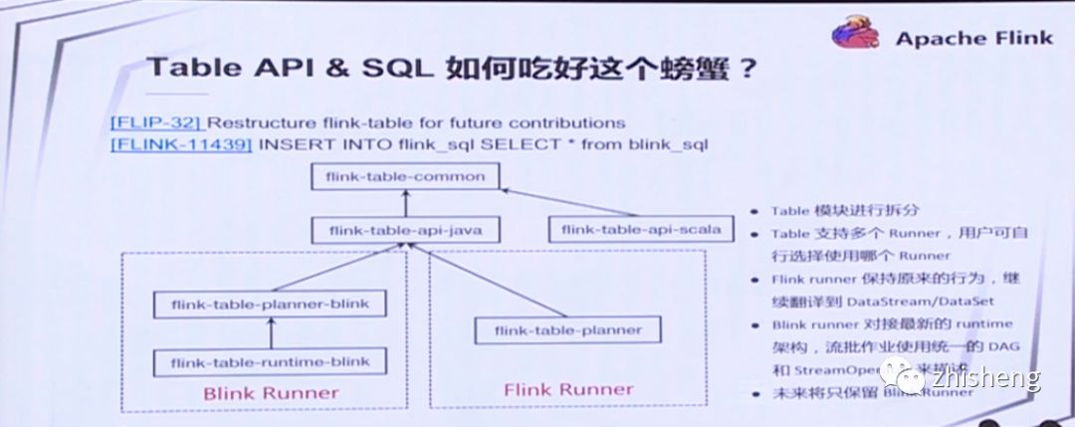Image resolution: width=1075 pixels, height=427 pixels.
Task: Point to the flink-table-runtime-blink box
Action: tap(270, 360)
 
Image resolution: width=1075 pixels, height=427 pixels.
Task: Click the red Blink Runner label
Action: tap(271, 392)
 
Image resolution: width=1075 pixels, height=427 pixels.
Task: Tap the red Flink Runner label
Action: tap(568, 389)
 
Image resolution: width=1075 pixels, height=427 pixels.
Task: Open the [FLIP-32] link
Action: tap(157, 123)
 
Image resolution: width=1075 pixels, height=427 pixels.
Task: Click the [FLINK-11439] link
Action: tap(181, 144)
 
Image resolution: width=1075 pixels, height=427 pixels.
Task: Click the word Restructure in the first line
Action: tap(258, 123)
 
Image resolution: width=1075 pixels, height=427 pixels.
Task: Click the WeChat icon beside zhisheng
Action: tap(910, 378)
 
